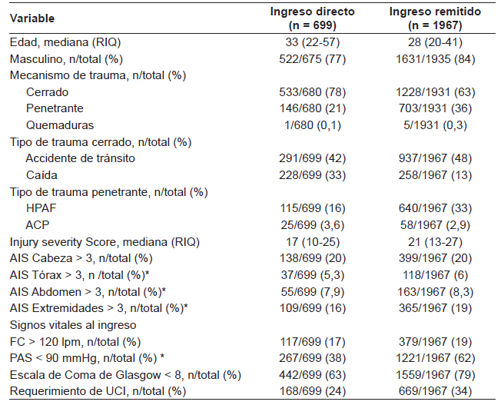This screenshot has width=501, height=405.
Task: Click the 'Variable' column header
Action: (33, 17)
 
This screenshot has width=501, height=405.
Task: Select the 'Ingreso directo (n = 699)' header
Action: (312, 17)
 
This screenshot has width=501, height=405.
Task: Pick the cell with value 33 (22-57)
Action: (312, 42)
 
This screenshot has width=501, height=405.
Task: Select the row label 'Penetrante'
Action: (54, 108)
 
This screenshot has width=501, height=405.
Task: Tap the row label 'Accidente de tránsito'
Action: (80, 158)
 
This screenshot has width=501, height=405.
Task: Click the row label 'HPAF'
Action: (41, 208)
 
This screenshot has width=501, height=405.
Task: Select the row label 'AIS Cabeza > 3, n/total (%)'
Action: (81, 258)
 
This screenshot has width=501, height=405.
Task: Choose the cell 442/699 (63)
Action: (312, 375)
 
